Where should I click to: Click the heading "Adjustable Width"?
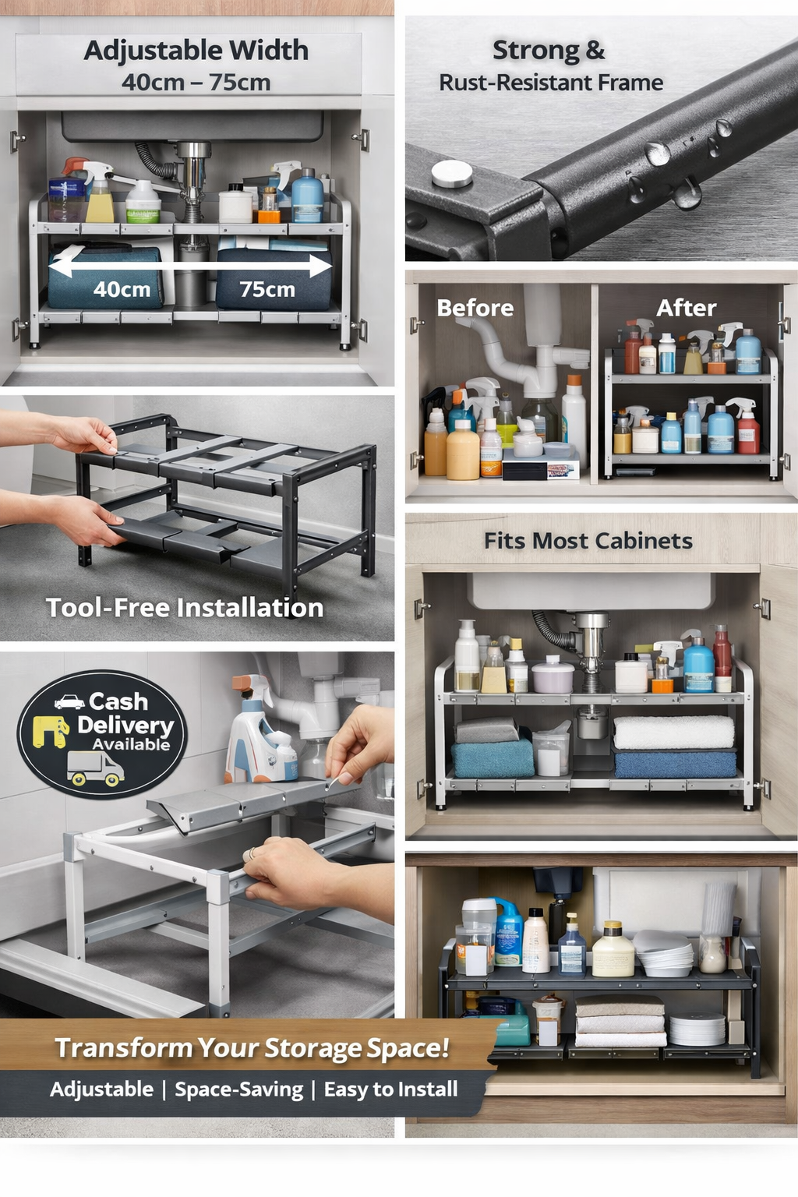tap(196, 51)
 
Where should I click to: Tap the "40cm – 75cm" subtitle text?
tap(196, 82)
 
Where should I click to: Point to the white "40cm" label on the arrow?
tap(122, 290)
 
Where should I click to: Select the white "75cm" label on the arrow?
tap(267, 290)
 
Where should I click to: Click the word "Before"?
tap(475, 308)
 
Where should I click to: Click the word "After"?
tap(686, 308)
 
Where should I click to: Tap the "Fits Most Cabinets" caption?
tap(588, 541)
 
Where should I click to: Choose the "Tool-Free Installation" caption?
tap(185, 608)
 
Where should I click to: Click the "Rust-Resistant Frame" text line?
tap(551, 83)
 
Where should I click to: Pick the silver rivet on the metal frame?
tap(452, 174)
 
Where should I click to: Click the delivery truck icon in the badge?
tap(96, 768)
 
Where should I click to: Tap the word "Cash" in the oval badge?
tap(118, 701)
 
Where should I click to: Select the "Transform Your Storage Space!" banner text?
tap(252, 1048)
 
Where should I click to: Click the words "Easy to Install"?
tap(390, 1089)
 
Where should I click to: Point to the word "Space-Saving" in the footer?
tap(238, 1089)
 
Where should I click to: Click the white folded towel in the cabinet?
tap(673, 733)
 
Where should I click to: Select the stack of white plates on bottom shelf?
tap(697, 1029)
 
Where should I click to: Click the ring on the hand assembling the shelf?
tap(252, 853)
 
